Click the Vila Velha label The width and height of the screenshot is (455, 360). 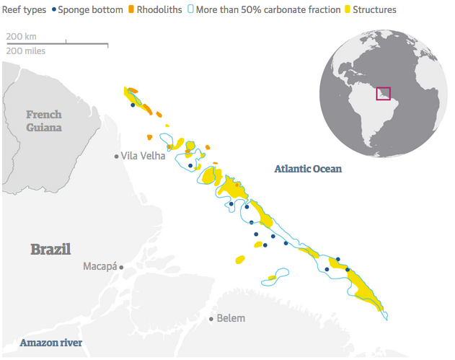[143, 156]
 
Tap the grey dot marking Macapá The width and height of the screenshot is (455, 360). [121, 267]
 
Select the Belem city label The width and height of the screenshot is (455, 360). [231, 318]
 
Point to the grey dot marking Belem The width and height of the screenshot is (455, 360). [211, 318]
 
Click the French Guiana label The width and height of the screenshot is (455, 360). [44, 120]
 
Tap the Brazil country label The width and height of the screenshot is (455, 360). [50, 250]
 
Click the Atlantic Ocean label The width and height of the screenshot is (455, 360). [308, 169]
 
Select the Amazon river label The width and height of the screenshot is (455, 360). [50, 342]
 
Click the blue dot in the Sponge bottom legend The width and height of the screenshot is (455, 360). [53, 11]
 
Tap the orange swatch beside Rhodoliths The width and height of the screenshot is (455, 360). [131, 11]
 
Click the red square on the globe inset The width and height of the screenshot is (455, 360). [383, 94]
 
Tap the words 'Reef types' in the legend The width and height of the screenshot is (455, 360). [25, 11]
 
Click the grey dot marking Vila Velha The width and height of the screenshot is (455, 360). [116, 156]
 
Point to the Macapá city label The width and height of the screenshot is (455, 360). [100, 267]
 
